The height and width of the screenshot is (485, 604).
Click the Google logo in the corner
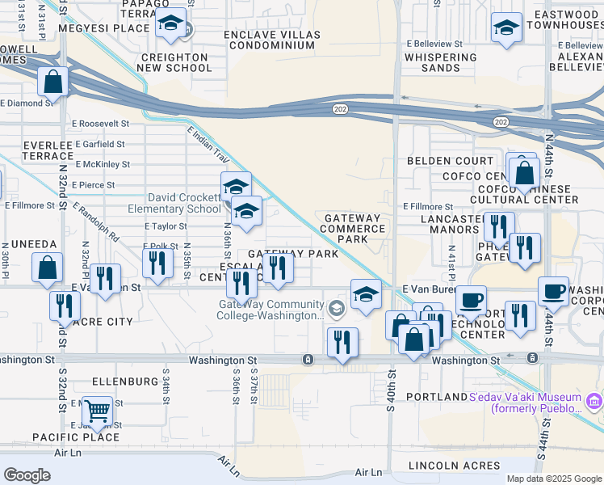27,474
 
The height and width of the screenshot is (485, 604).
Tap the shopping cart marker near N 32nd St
97,411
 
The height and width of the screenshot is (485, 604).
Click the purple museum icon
594,399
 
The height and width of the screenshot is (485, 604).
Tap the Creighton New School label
176,63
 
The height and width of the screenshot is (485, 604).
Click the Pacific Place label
76,437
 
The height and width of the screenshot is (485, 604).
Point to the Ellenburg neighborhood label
125,381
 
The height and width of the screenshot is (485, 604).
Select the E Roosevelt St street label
100,124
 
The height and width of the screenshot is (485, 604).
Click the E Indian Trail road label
208,145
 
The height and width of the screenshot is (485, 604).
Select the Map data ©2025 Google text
554,479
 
